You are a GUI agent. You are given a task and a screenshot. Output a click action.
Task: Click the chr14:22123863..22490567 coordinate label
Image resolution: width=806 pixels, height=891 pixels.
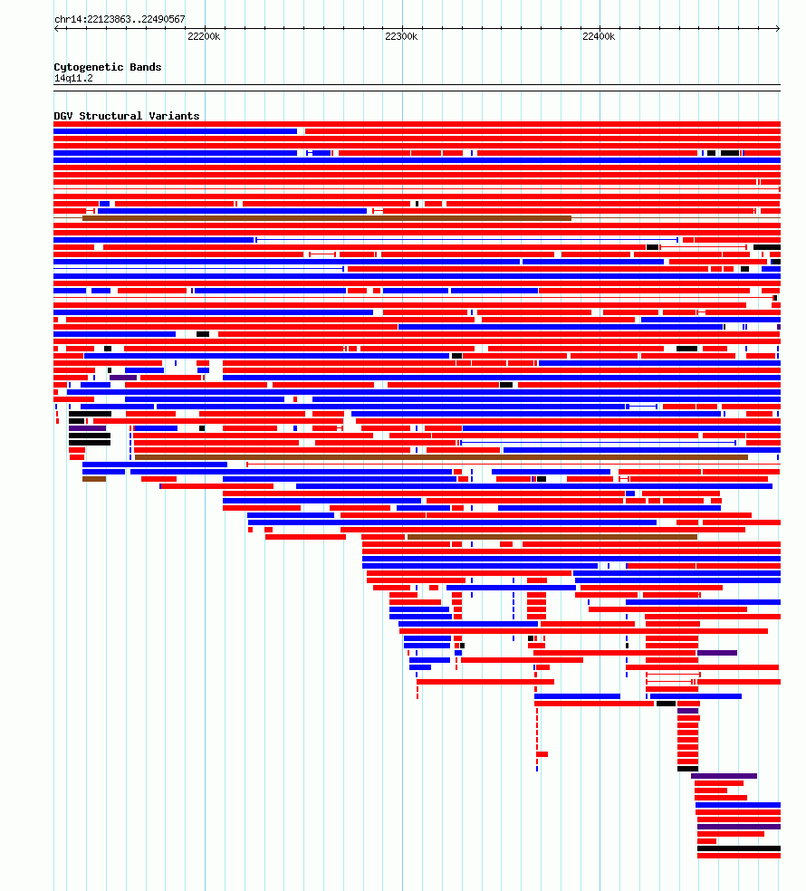pyautogui.click(x=120, y=19)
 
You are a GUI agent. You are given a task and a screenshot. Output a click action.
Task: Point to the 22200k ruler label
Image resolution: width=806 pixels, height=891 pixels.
pyautogui.click(x=204, y=36)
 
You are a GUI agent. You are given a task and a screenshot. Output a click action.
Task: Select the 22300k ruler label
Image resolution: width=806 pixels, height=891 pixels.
pyautogui.click(x=401, y=36)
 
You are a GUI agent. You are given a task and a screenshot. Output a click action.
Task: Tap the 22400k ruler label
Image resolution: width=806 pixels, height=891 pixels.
pyautogui.click(x=599, y=36)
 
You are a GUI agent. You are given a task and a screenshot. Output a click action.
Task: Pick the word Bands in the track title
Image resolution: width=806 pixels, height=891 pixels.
pyautogui.click(x=146, y=67)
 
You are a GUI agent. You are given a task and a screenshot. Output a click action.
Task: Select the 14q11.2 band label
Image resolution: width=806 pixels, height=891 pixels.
pyautogui.click(x=73, y=79)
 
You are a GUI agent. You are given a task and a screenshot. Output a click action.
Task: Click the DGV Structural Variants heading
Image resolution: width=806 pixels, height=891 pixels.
pyautogui.click(x=127, y=116)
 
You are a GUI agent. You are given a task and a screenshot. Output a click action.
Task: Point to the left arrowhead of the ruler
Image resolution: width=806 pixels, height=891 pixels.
pyautogui.click(x=56, y=28)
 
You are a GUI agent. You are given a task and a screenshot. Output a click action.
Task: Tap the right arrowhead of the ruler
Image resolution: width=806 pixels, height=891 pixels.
pyautogui.click(x=778, y=28)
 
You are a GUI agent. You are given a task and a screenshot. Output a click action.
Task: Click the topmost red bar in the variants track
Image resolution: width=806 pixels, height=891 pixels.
pyautogui.click(x=417, y=124)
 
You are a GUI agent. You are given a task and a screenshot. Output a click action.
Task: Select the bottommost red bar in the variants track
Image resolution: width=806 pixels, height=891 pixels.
pyautogui.click(x=739, y=856)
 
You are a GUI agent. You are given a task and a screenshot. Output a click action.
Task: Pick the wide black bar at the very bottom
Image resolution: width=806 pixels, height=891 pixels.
pyautogui.click(x=739, y=848)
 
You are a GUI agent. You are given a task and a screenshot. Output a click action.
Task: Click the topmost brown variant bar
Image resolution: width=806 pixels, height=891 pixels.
pyautogui.click(x=327, y=218)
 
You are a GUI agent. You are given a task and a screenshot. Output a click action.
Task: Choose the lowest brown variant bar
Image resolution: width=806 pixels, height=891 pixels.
pyautogui.click(x=552, y=537)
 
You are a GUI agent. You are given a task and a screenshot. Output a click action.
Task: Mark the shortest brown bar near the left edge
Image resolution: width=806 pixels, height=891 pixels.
pyautogui.click(x=94, y=479)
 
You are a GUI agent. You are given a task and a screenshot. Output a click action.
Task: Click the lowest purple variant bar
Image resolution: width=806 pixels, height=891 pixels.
pyautogui.click(x=739, y=827)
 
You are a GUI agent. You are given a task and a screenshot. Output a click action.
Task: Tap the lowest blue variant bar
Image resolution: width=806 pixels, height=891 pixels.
pyautogui.click(x=738, y=805)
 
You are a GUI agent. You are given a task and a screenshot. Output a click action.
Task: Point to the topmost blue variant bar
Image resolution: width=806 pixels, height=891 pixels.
pyautogui.click(x=175, y=131)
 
